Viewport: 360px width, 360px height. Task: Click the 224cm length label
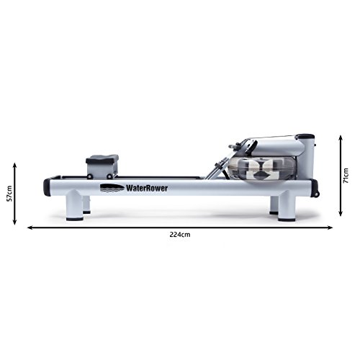(180, 234)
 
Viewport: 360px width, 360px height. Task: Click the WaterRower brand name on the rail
(140, 189)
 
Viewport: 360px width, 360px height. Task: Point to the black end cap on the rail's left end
(45, 186)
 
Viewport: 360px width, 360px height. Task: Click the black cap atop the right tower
(305, 136)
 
